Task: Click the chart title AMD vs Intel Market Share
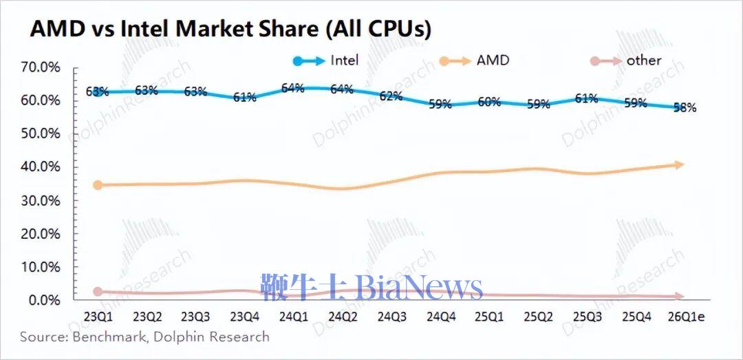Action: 230,29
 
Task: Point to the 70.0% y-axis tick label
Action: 41,67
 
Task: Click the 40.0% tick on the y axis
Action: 41,167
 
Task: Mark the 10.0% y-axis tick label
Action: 41,267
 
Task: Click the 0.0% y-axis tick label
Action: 44,300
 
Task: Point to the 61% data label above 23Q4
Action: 244,97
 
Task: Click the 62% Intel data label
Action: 391,96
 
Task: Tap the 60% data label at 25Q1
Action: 488,102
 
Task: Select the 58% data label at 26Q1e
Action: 685,107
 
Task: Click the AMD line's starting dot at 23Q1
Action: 98,185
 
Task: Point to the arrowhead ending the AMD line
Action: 680,165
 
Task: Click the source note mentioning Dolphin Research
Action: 144,337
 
